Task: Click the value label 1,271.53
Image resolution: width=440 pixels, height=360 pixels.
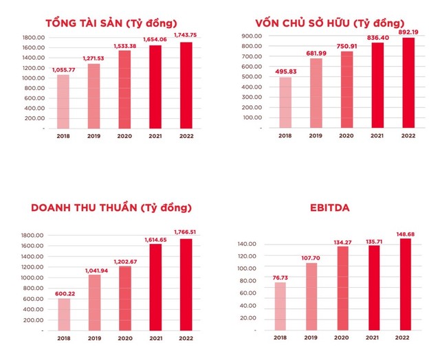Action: (93, 59)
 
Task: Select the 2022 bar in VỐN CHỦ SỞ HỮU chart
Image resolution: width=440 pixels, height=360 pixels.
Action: (408, 82)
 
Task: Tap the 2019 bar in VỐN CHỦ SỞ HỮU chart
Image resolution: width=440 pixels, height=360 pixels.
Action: (316, 93)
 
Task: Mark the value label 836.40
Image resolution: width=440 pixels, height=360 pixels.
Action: (377, 37)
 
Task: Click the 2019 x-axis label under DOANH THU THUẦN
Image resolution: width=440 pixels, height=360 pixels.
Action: (94, 339)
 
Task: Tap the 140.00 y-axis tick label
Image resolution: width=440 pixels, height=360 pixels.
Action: (247, 244)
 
